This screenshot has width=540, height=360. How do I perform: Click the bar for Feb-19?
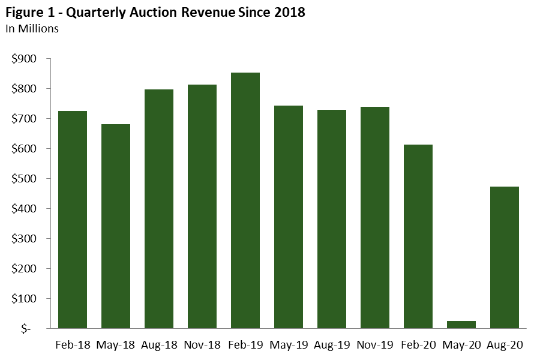[245, 200]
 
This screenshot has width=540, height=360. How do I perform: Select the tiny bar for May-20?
[461, 325]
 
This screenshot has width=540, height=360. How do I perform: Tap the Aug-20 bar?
[505, 257]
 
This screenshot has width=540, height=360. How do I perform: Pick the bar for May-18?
[116, 226]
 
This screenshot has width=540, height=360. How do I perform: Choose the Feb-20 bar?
[418, 236]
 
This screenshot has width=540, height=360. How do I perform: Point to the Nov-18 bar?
[202, 206]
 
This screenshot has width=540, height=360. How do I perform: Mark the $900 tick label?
[24, 59]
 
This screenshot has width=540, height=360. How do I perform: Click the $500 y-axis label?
[24, 179]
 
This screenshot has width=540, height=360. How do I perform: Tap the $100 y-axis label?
[24, 299]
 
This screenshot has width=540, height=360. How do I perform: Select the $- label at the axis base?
[29, 329]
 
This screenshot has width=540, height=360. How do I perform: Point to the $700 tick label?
[24, 119]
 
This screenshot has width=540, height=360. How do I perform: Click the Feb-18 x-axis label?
[73, 345]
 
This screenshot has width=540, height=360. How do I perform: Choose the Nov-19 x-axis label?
[375, 345]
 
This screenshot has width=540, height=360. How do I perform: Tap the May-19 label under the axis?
[289, 345]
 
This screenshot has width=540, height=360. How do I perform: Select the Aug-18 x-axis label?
[159, 345]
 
